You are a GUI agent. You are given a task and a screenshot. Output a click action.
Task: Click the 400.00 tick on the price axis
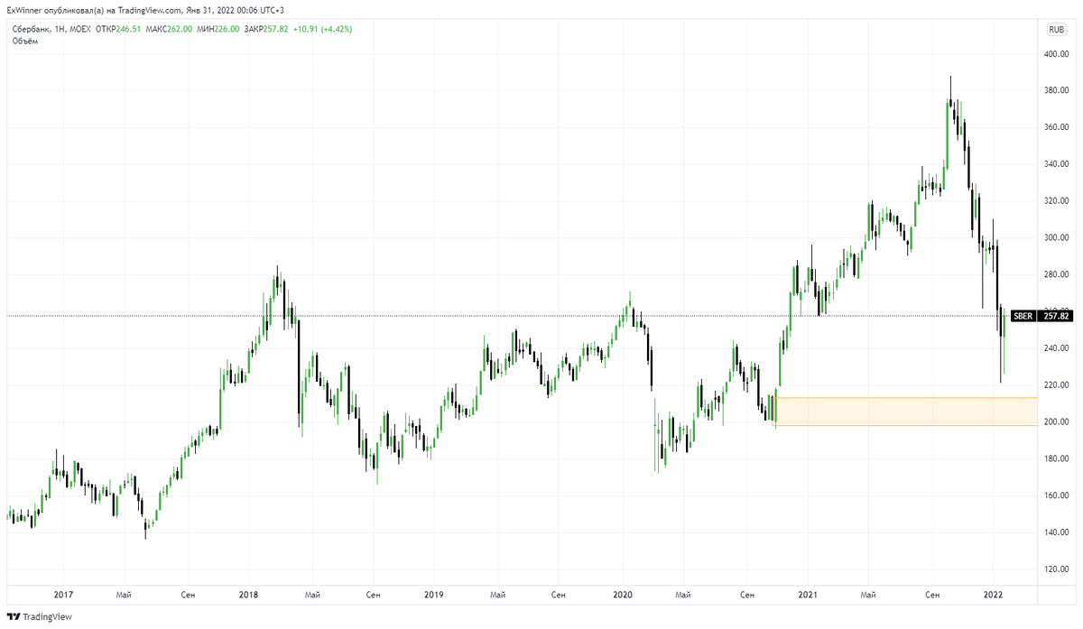tap(1056, 54)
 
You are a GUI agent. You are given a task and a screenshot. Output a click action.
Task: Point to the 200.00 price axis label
tap(1056, 421)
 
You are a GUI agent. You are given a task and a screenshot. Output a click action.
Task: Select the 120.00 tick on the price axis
tap(1056, 569)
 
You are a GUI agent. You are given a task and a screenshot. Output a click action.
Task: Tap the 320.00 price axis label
tap(1056, 201)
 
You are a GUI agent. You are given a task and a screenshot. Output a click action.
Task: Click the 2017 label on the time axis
tap(63, 595)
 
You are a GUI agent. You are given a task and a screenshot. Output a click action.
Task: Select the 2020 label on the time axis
tap(622, 595)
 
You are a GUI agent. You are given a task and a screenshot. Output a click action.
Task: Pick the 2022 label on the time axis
tap(994, 595)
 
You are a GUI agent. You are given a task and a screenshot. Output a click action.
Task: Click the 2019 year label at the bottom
tap(434, 595)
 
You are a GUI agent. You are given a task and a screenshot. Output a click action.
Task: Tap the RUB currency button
tap(1055, 30)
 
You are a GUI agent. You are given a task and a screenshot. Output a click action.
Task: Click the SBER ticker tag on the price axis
tap(1023, 316)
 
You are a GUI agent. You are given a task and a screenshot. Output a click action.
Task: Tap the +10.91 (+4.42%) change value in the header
tap(321, 29)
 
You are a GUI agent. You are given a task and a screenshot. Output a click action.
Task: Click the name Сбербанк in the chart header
tap(31, 29)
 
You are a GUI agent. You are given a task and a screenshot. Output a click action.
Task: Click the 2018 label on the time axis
tap(248, 595)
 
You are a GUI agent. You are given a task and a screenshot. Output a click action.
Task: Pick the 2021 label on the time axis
tap(808, 595)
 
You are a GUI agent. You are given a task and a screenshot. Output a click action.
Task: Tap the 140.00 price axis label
tap(1056, 532)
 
